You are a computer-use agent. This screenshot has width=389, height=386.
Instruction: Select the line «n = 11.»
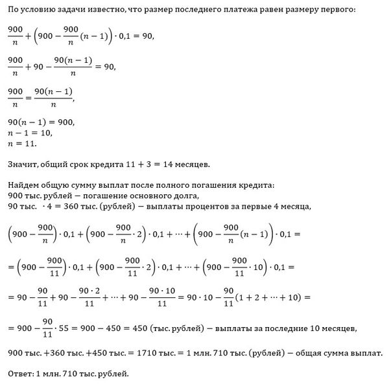[22, 143]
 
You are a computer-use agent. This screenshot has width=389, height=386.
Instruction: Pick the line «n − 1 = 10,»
[30, 133]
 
